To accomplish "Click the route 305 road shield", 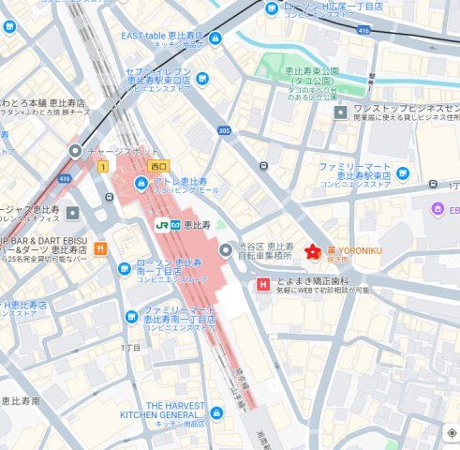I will (x=224, y=131).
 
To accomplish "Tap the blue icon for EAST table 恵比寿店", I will (x=215, y=38).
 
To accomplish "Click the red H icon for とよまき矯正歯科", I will (x=264, y=284).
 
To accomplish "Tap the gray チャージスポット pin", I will (x=75, y=150).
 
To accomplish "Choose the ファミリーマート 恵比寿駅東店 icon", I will (x=403, y=172).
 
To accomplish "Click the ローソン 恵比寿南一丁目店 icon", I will (x=124, y=270).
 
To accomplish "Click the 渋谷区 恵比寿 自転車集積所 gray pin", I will (x=225, y=250).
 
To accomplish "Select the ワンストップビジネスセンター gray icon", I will (x=341, y=112).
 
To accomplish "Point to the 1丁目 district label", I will (x=131, y=348).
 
